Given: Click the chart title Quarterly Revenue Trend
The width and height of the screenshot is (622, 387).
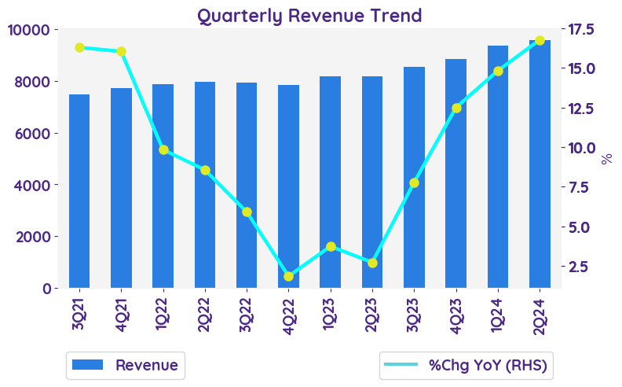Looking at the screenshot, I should [309, 15].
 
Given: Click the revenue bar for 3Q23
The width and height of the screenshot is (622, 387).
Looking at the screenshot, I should [414, 177].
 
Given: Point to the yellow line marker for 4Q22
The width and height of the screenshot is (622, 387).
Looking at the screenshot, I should [288, 276].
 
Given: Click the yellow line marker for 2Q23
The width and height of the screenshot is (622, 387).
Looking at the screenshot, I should [372, 263].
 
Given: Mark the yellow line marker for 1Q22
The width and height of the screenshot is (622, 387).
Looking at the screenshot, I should [163, 149].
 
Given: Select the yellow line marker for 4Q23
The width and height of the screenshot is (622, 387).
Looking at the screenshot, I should [456, 108].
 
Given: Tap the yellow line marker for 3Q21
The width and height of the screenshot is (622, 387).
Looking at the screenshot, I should [79, 47].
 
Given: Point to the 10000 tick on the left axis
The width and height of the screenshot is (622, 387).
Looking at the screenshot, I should [28, 30].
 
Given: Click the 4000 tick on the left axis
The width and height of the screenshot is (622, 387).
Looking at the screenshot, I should [33, 185].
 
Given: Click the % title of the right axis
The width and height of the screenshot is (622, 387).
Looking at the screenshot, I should [606, 158].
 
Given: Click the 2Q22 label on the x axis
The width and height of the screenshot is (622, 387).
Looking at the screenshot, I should [205, 313].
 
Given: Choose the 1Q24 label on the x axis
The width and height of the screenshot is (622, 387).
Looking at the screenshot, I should [498, 313].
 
